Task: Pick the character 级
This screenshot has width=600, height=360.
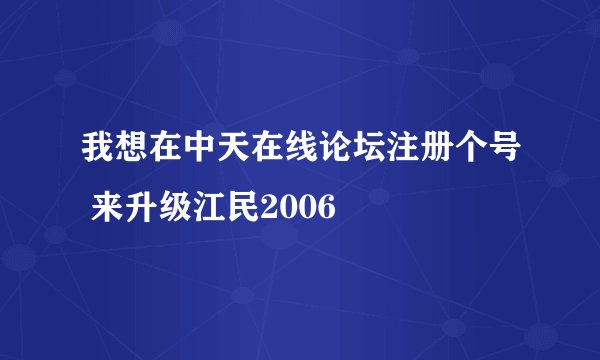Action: [175, 210]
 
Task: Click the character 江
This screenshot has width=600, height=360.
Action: [209, 210]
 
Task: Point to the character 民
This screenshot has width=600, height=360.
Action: [243, 210]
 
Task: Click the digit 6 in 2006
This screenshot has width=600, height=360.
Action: [328, 210]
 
